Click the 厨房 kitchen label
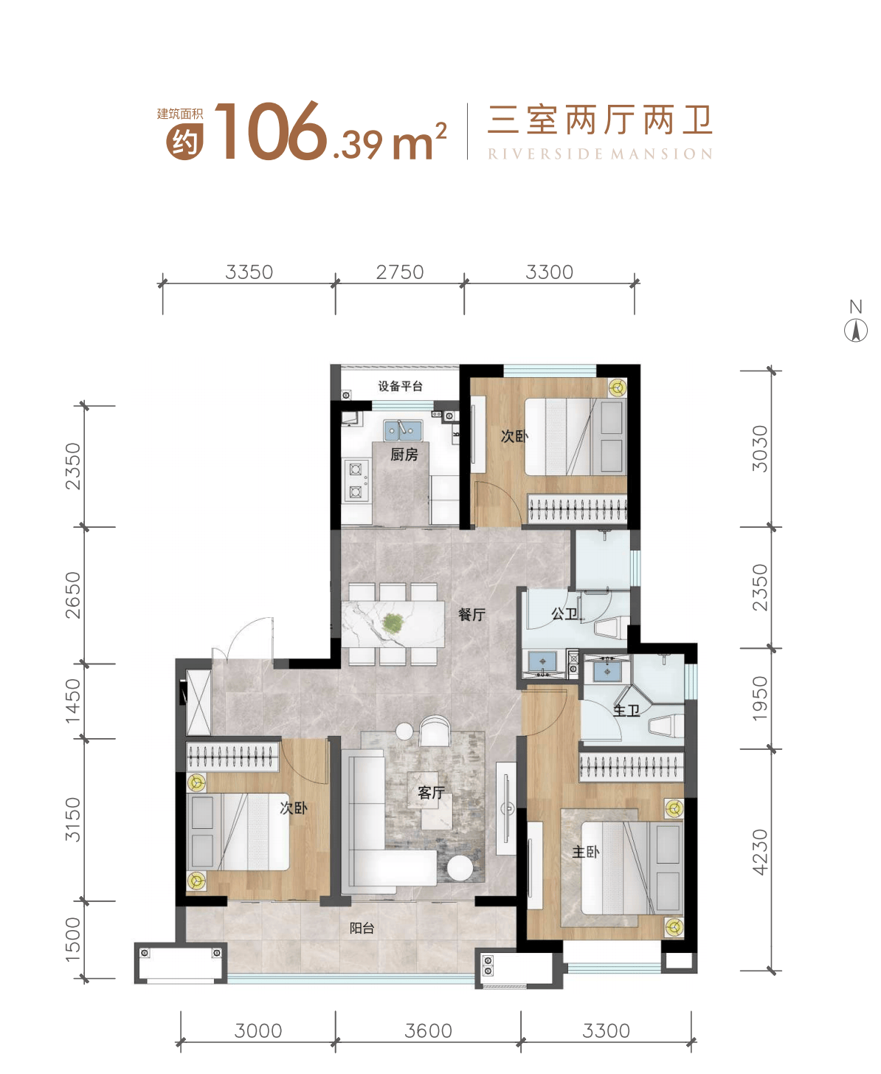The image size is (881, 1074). pyautogui.click(x=404, y=455)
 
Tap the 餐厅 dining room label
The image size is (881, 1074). pyautogui.click(x=471, y=614)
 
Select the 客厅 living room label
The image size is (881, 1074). pyautogui.click(x=431, y=793)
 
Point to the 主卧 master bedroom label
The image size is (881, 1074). pyautogui.click(x=586, y=852)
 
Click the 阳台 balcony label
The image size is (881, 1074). pyautogui.click(x=362, y=929)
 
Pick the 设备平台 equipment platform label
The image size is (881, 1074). pyautogui.click(x=400, y=386)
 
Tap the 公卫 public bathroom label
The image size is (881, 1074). pyautogui.click(x=564, y=613)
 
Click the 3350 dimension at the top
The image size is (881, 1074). pyautogui.click(x=249, y=272)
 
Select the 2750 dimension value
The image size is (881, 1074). pyautogui.click(x=400, y=272)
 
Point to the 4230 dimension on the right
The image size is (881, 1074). pyautogui.click(x=760, y=853)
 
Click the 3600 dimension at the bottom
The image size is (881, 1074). pyautogui.click(x=428, y=1031)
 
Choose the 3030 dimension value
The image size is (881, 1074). pyautogui.click(x=760, y=448)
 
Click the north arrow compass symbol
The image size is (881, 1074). pyautogui.click(x=856, y=330)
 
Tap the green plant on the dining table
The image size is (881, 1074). pyautogui.click(x=393, y=624)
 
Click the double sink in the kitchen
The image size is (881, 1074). pyautogui.click(x=402, y=430)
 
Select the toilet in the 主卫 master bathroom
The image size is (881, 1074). pyautogui.click(x=667, y=726)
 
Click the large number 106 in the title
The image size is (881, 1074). pyautogui.click(x=270, y=132)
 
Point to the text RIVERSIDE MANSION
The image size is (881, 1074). pyautogui.click(x=600, y=154)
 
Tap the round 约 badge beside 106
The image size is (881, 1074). pyautogui.click(x=184, y=141)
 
